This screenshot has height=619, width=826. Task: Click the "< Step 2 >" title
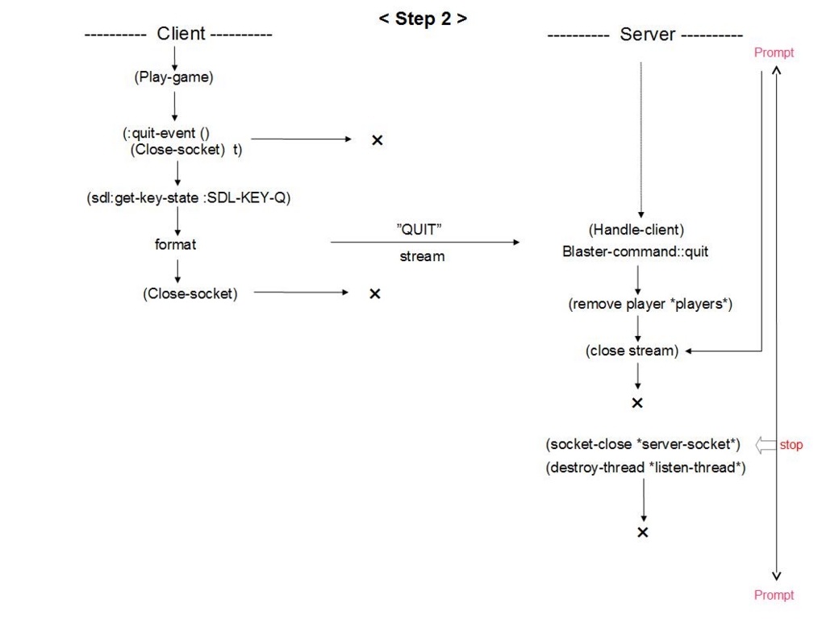(423, 19)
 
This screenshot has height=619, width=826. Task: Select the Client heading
(181, 34)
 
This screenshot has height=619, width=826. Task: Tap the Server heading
(648, 34)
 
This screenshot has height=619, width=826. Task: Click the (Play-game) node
(174, 77)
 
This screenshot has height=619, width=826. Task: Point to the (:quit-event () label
(166, 133)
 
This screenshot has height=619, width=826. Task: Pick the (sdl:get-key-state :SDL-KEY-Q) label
(189, 198)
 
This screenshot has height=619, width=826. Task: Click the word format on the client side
(175, 244)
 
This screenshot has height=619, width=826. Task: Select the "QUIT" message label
(419, 230)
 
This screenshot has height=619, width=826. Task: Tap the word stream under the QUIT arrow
(422, 256)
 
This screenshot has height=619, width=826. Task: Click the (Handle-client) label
(636, 230)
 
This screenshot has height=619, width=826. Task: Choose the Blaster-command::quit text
(636, 251)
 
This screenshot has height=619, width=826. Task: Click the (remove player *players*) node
(650, 304)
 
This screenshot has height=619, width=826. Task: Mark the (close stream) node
(632, 351)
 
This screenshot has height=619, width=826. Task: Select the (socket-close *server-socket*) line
(643, 444)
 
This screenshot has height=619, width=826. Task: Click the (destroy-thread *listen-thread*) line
(645, 467)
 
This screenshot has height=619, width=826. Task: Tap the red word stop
(791, 445)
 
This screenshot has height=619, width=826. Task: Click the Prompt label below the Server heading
(774, 52)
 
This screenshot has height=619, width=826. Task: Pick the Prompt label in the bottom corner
(774, 595)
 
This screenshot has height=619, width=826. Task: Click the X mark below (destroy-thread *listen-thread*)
(643, 532)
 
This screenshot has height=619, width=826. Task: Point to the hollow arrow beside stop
(766, 445)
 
